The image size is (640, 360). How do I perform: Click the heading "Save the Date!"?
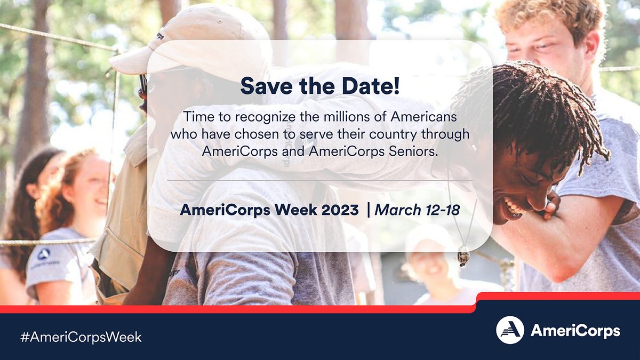coord(319,86)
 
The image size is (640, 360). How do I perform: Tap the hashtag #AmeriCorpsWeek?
coord(81,337)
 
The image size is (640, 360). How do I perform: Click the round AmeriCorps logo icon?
coord(510,330)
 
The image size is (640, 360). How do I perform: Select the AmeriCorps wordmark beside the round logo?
coord(575,331)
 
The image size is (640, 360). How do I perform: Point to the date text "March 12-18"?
coord(417,210)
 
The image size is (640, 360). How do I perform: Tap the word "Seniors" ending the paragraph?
coord(414,151)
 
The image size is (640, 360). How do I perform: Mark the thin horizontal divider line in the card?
coord(319,181)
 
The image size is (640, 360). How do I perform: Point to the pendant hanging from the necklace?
coord(463,257)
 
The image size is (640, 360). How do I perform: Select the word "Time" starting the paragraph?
coord(196,116)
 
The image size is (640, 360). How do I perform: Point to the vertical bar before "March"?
coord(368,210)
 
